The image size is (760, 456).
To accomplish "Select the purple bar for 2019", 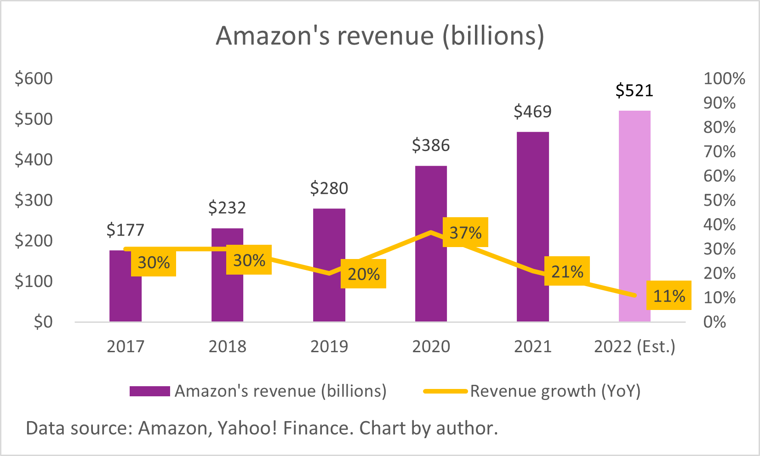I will [329, 239].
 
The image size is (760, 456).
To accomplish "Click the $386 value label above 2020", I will [431, 146].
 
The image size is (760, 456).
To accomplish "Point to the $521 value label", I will [634, 90].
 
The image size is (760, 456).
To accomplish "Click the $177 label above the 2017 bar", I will [125, 230].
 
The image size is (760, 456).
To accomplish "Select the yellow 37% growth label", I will [465, 232].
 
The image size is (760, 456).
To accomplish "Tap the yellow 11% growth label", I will [669, 296].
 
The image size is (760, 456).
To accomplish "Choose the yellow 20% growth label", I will [363, 274].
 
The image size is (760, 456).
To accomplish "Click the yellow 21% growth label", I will [567, 271].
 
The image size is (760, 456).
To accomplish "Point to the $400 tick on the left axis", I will [34, 159].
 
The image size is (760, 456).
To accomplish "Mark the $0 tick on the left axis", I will [43, 322].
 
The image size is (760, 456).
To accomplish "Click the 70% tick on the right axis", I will [719, 152].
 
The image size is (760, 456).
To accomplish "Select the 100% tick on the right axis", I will [724, 79].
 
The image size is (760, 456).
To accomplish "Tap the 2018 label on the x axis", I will [227, 346].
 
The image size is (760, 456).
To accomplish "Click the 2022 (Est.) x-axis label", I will [634, 346].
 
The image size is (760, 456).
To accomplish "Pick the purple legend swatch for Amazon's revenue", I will [149, 391].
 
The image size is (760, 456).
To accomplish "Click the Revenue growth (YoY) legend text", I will [555, 391].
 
